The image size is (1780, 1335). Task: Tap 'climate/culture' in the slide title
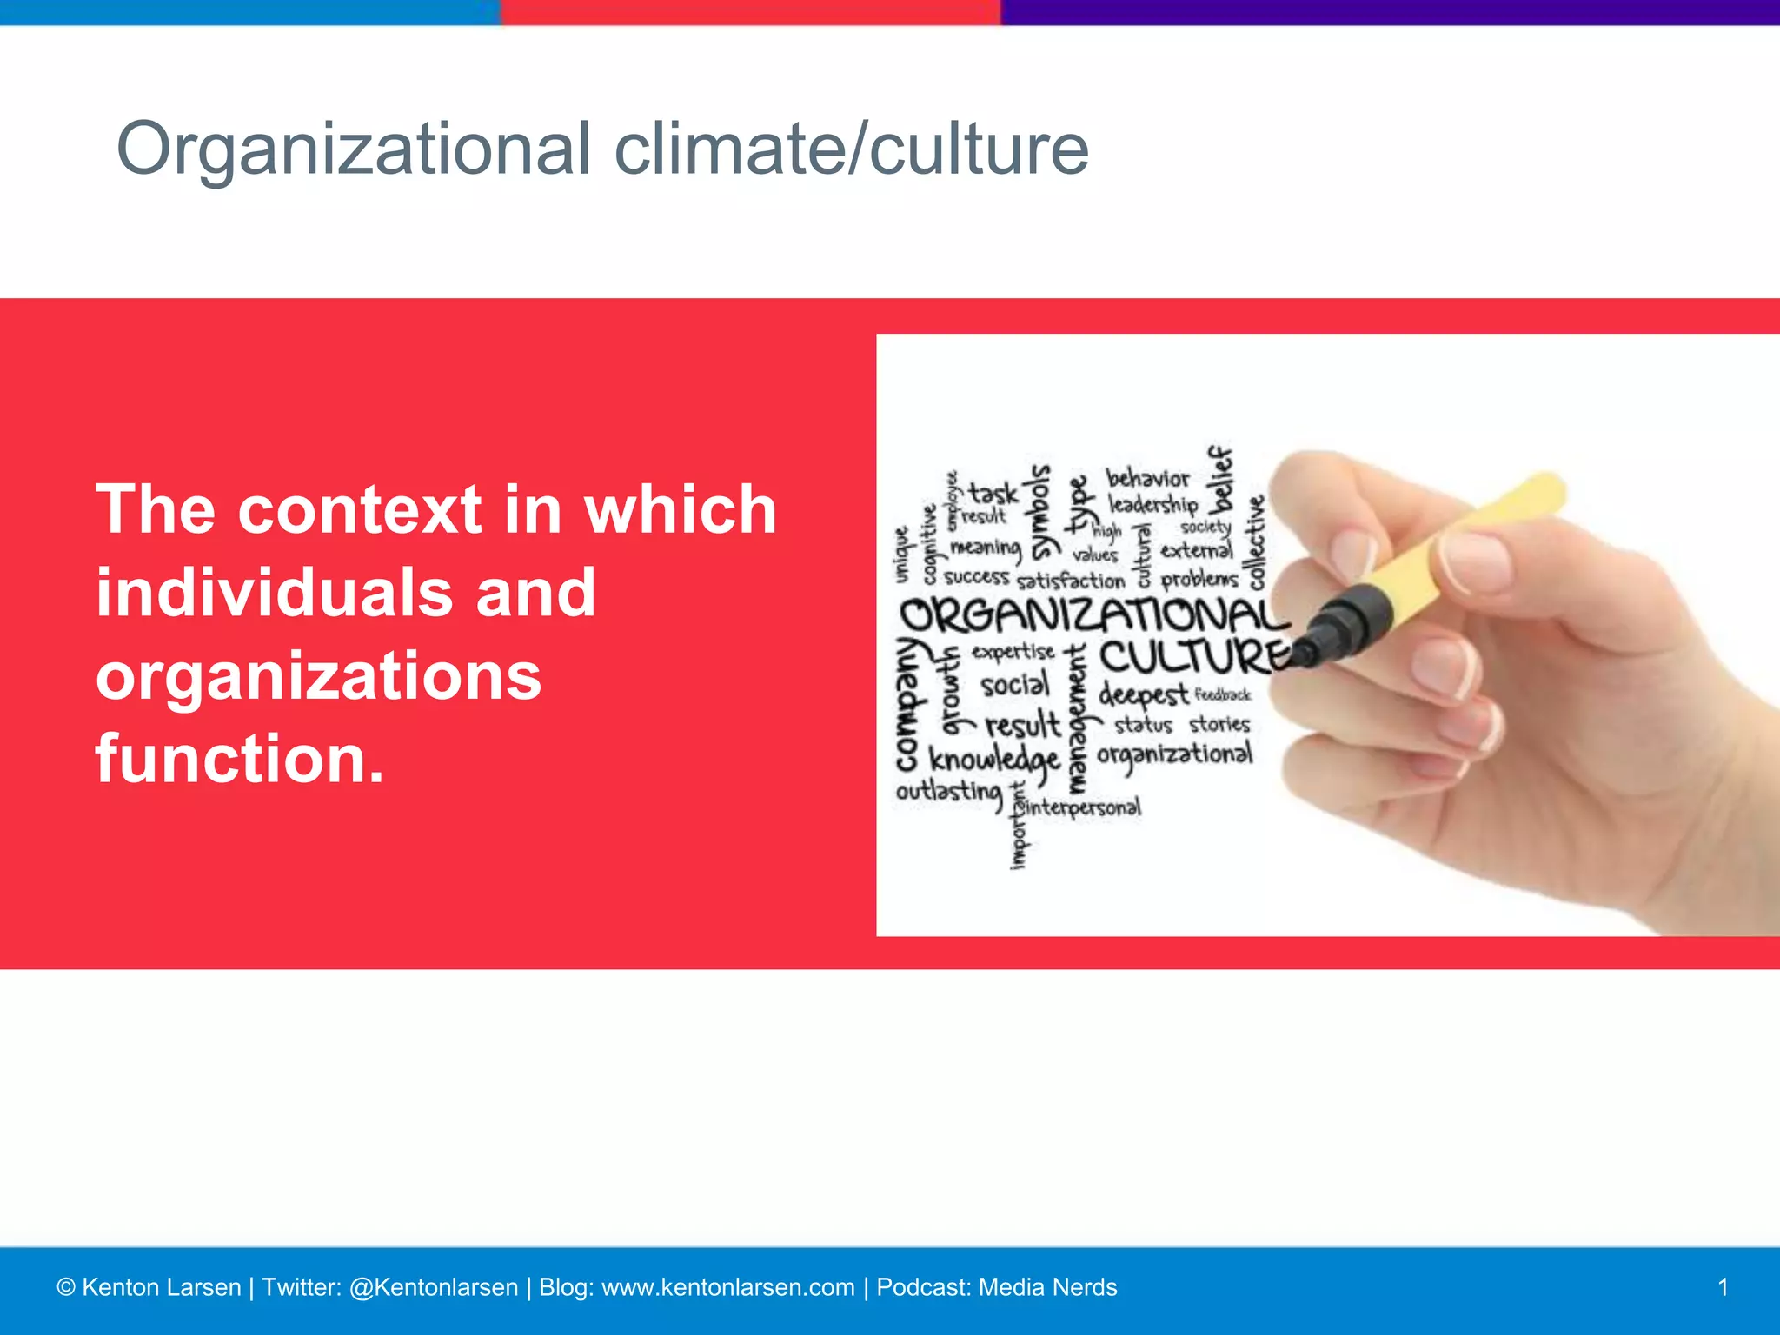point(851,149)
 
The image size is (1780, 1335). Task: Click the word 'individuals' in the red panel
point(272,593)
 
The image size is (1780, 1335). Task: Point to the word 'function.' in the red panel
point(239,759)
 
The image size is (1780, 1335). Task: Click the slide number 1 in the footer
point(1723,1287)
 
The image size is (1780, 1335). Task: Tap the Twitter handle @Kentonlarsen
point(433,1287)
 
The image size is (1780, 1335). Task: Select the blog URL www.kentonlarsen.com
point(727,1287)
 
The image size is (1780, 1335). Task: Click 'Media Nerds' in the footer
point(1047,1287)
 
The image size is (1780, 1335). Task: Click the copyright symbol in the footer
point(66,1287)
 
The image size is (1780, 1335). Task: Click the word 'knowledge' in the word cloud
point(994,760)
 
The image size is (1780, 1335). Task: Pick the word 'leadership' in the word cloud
point(1152,504)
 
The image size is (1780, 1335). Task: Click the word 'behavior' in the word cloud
point(1147,478)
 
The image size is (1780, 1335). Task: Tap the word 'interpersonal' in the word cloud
point(1083,807)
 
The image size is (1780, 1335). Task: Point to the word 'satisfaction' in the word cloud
point(1070,581)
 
